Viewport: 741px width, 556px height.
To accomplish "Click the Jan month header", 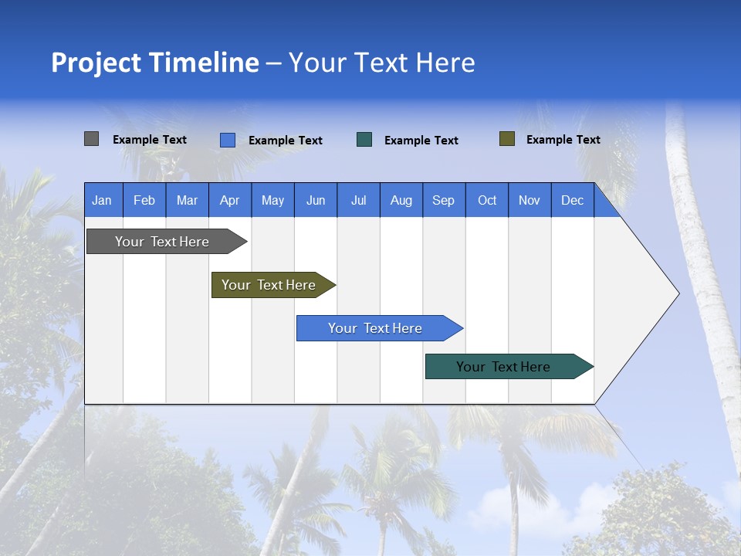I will (x=103, y=200).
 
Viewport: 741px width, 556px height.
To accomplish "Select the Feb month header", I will (x=144, y=200).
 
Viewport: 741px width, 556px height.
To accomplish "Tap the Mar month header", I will (x=187, y=200).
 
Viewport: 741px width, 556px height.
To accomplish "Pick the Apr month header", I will (x=230, y=200).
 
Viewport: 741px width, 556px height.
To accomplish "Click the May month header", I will (x=272, y=200).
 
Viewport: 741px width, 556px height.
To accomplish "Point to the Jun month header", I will (x=316, y=200).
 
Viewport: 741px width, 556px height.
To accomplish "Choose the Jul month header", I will (x=358, y=200).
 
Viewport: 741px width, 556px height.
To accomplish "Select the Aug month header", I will (x=401, y=200).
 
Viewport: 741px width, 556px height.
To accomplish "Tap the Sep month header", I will (x=444, y=200).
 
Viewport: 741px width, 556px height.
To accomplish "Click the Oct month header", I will (x=487, y=200).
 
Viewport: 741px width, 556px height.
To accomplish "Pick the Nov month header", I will (x=530, y=200).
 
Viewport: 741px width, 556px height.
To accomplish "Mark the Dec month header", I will (x=573, y=200).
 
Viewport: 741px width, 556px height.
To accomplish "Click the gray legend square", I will (x=92, y=139).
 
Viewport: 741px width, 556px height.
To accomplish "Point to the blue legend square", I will (x=228, y=140).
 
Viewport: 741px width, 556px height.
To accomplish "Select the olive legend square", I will (x=507, y=139).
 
